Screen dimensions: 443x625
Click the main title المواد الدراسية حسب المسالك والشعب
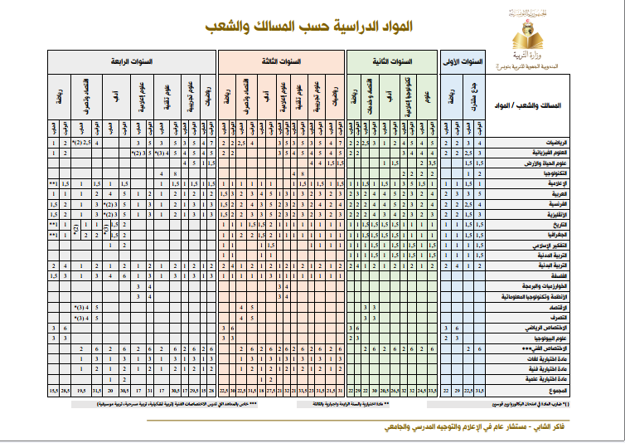308,28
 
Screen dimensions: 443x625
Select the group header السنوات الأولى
463,61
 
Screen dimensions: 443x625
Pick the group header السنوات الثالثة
282,61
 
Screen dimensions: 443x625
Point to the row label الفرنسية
565,204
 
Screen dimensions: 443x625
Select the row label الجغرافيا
564,235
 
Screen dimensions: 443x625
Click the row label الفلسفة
567,275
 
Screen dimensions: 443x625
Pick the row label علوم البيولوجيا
559,338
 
